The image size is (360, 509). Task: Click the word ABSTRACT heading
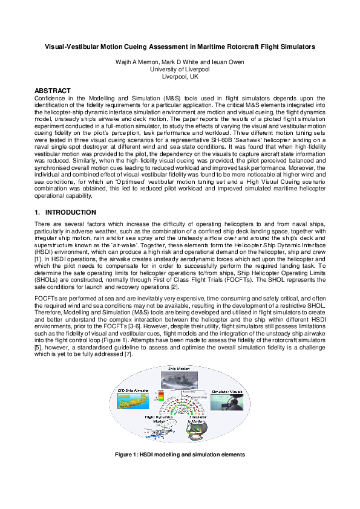coord(53,91)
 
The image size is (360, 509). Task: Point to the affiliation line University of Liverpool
coord(180,70)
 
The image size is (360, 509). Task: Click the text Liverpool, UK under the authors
coord(180,77)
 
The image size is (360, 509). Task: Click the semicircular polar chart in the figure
coord(180,406)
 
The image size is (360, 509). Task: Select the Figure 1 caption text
coord(180,454)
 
